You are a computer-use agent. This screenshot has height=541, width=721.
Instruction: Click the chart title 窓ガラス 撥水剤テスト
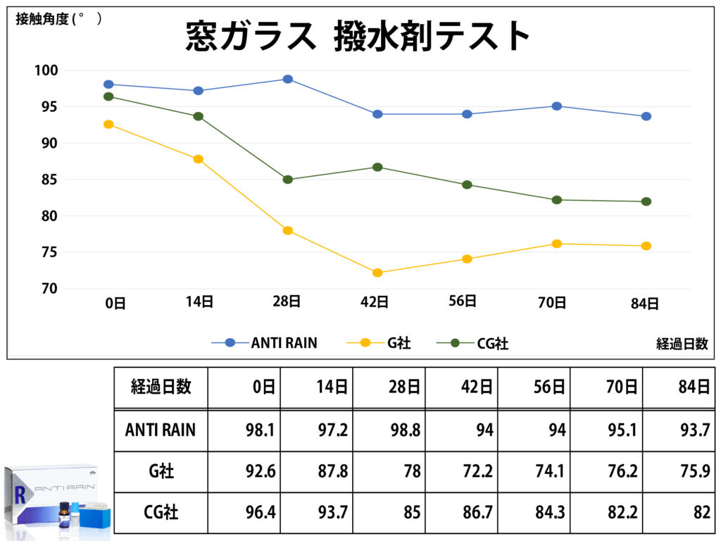click(358, 35)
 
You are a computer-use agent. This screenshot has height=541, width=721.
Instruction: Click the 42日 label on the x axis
click(375, 303)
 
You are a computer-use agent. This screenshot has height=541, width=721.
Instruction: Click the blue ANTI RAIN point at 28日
click(288, 79)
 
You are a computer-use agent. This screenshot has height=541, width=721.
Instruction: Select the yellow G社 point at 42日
click(377, 273)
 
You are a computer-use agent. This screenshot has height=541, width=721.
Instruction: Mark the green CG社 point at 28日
click(288, 180)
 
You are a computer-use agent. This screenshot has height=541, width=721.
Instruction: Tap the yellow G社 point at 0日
click(108, 125)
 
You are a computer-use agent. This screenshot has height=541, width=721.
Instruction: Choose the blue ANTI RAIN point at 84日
click(646, 116)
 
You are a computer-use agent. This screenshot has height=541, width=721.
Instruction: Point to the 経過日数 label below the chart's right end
click(682, 344)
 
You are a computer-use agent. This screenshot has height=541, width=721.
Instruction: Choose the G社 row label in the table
click(161, 471)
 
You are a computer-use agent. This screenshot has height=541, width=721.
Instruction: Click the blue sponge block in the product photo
click(96, 517)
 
